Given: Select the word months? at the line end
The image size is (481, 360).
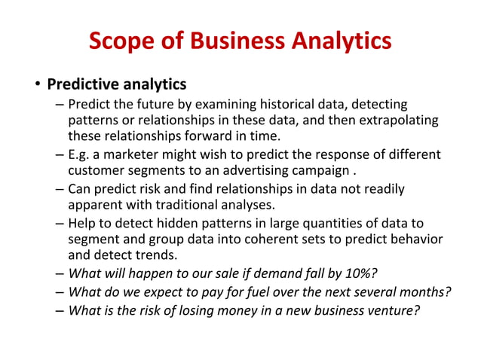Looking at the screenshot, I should tap(425, 291).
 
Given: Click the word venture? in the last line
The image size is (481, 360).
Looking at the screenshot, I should tap(394, 309).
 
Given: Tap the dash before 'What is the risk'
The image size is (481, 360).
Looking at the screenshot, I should tap(60, 309).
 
